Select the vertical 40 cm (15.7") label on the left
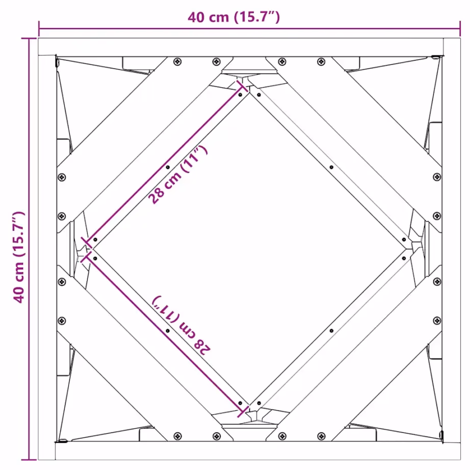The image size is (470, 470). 19,257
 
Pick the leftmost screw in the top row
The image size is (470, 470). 177,62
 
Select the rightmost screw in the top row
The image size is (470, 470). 321,62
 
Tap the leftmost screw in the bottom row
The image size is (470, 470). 177,436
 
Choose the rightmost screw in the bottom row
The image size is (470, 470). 321,436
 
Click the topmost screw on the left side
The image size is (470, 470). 62,177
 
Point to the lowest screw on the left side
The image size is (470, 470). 62,320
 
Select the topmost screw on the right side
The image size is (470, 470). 437,177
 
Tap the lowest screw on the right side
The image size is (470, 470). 437,320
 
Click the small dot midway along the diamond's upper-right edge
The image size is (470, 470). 331,167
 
